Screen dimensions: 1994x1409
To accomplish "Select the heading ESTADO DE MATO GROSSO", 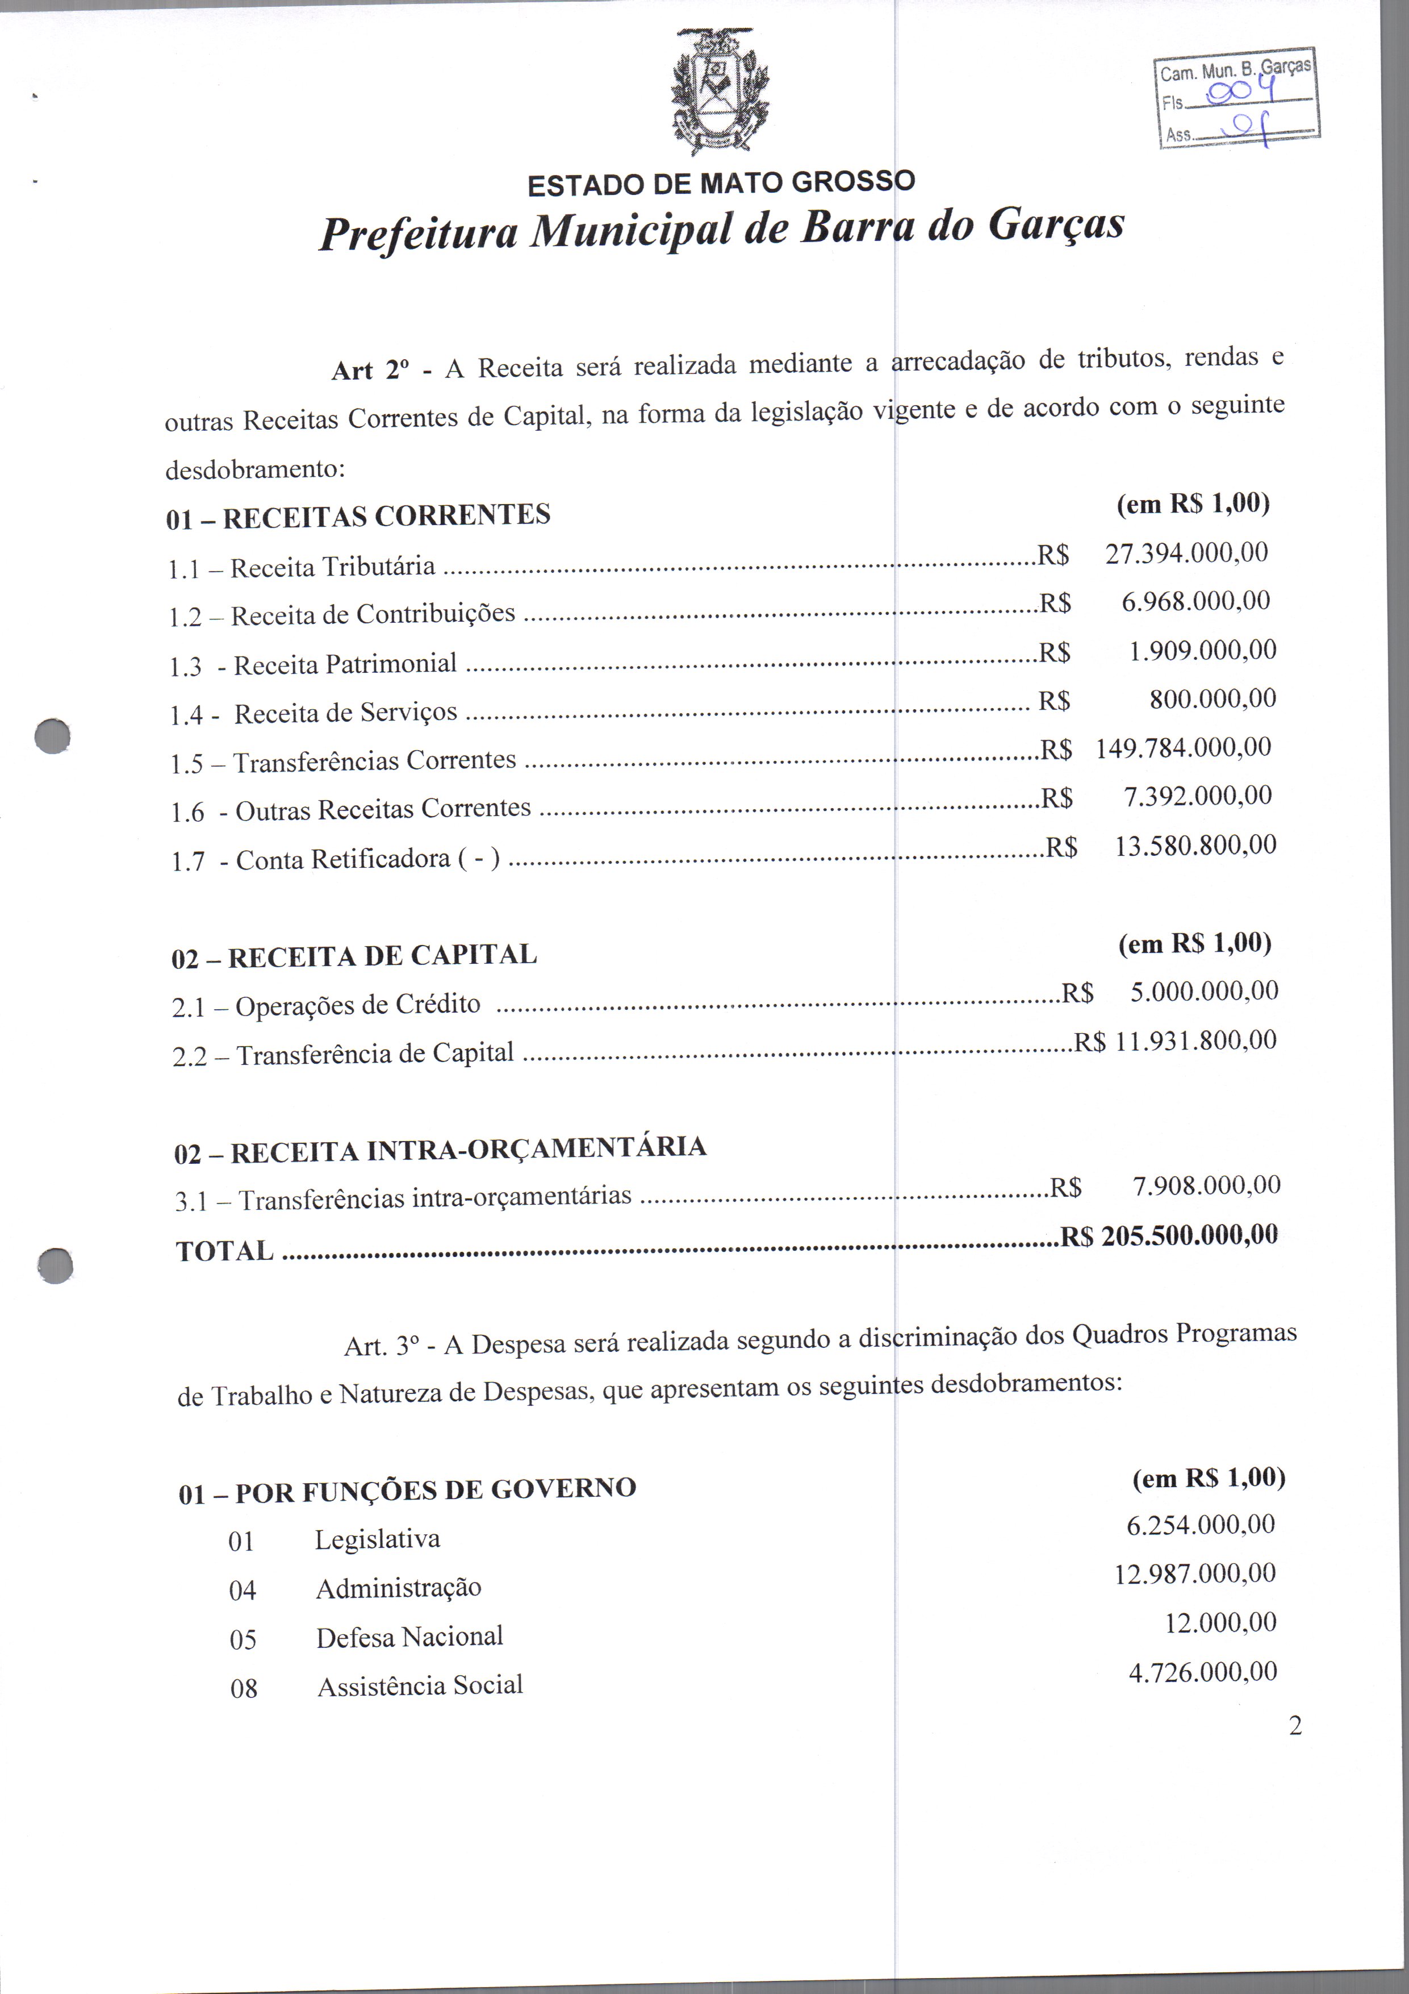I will [721, 183].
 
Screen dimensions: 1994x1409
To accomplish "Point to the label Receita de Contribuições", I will [373, 615].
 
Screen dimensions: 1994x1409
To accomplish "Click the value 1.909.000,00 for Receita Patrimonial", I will [1202, 651].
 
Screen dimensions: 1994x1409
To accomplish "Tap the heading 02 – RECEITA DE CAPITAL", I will [354, 956].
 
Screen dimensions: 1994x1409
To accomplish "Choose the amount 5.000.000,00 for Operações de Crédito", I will [1204, 992].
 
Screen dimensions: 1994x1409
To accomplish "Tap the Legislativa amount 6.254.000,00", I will [1201, 1525].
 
